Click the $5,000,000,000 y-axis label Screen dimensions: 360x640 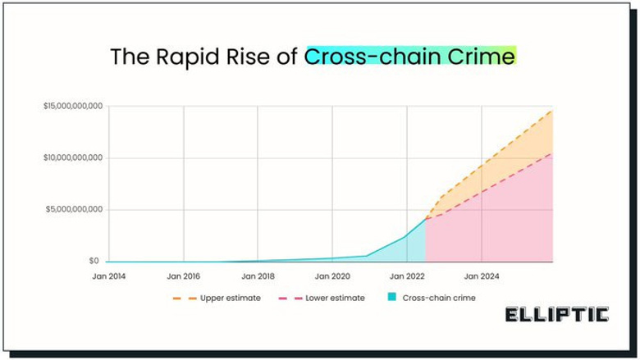pos(74,209)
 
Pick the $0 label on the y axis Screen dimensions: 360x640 pos(95,261)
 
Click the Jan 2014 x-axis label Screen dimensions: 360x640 pos(109,276)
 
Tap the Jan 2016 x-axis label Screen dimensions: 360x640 pos(183,276)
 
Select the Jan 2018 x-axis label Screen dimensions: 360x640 pos(258,276)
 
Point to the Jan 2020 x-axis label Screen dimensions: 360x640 pos(332,276)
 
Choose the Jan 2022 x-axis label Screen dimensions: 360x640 pos(406,276)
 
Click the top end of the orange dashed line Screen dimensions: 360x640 pos(552,110)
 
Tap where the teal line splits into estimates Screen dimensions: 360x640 pos(426,218)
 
